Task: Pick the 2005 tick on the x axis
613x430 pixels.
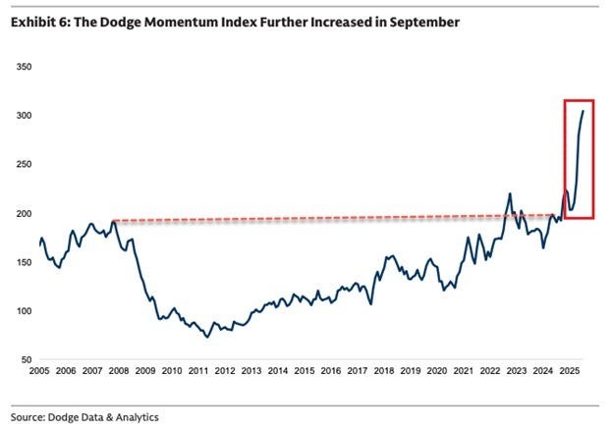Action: click(39, 373)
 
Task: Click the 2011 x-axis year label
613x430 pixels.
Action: click(198, 373)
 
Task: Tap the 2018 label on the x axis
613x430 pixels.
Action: click(383, 373)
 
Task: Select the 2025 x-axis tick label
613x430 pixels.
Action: click(569, 373)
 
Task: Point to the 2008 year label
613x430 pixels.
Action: click(119, 373)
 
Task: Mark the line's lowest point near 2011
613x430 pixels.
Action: click(207, 338)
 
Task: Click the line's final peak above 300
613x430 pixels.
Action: click(584, 111)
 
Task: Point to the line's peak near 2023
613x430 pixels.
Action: click(511, 193)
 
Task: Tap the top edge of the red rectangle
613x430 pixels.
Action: click(579, 100)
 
